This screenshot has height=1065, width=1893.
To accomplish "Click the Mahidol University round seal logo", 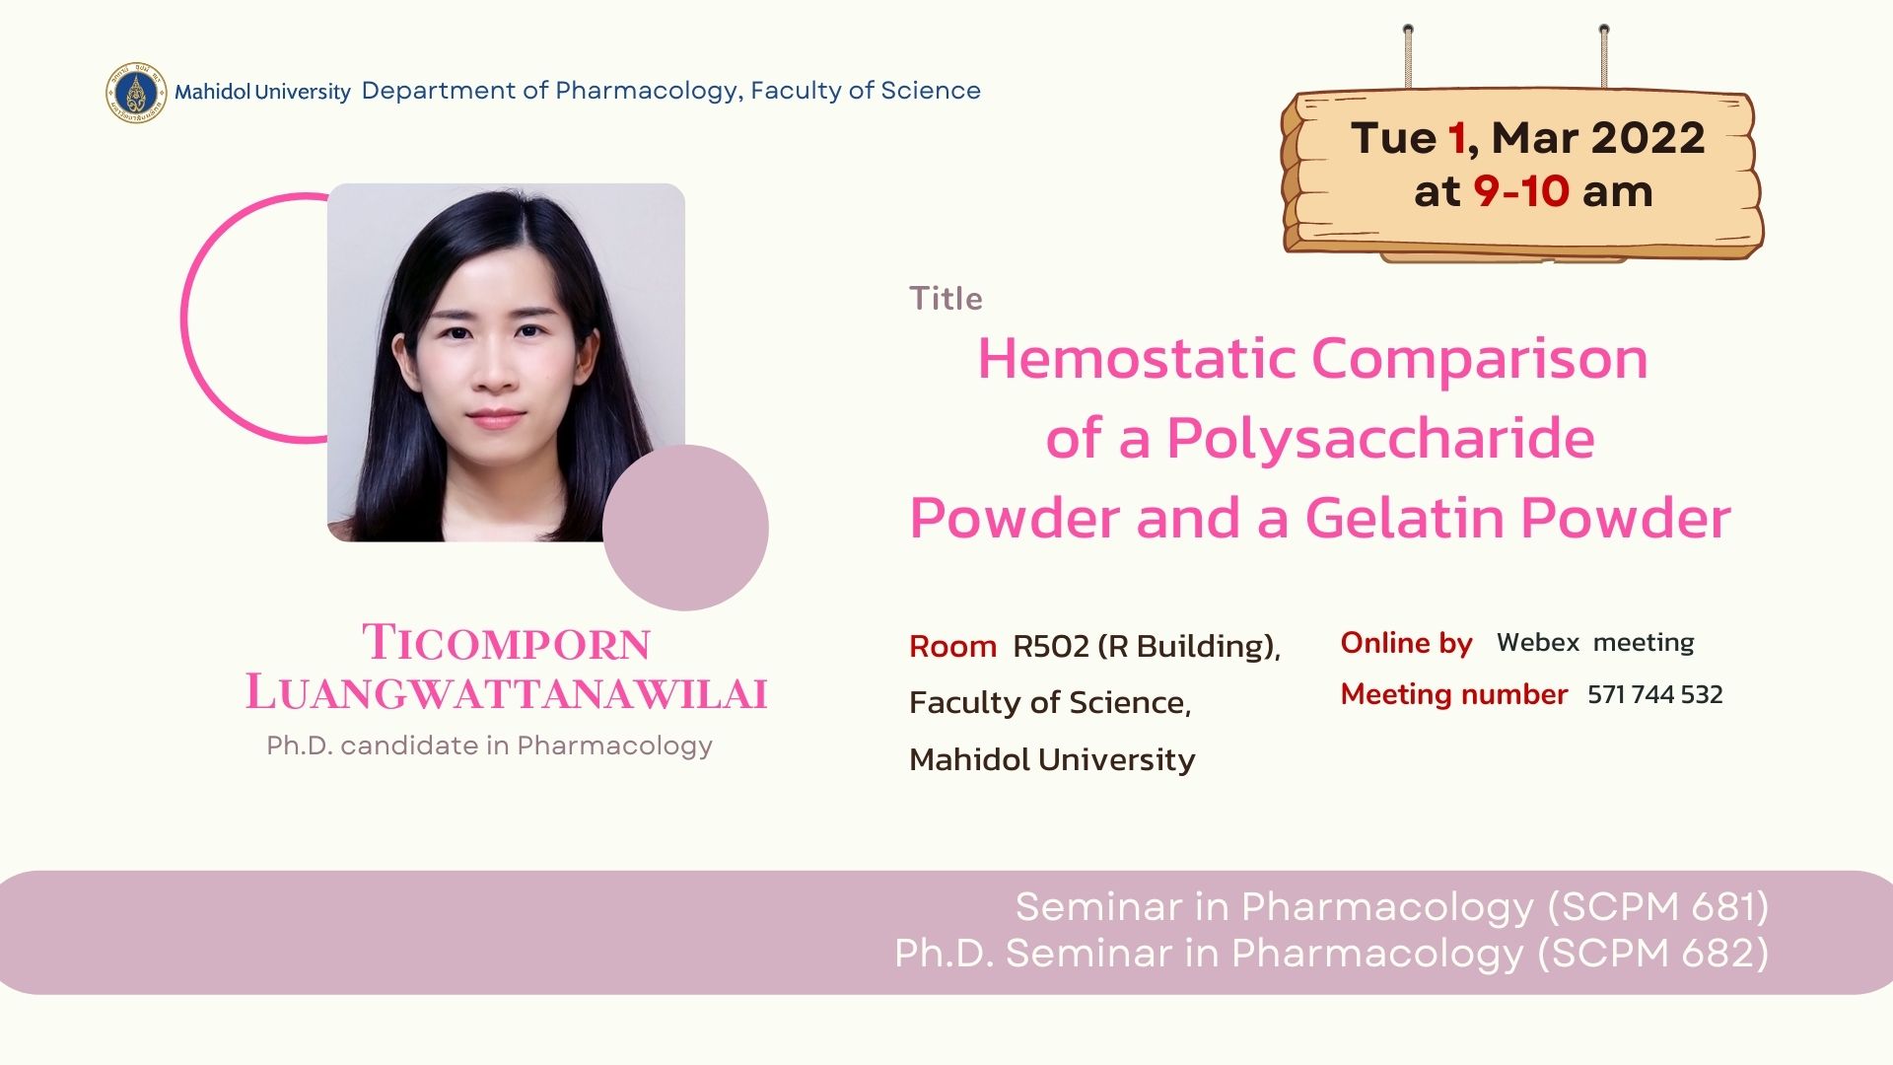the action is pos(136,93).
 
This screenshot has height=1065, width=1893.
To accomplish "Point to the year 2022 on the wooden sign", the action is pos(1647,138).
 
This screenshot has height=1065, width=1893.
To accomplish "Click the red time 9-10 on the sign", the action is pos(1520,191).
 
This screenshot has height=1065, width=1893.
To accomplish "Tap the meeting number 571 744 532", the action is pos(1654,694).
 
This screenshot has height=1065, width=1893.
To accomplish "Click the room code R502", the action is pos(1051,646).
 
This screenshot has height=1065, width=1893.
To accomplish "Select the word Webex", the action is pos(1538,642).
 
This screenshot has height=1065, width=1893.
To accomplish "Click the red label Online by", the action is pos(1406,643).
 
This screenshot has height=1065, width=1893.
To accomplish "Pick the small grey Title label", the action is pos(946,298).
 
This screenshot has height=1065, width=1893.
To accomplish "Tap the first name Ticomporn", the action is pos(507,643).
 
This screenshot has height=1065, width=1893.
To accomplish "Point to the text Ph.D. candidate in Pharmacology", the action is pos(489,745).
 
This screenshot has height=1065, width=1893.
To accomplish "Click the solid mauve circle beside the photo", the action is pos(685,528).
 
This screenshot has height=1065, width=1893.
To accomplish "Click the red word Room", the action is pos(952,646).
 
